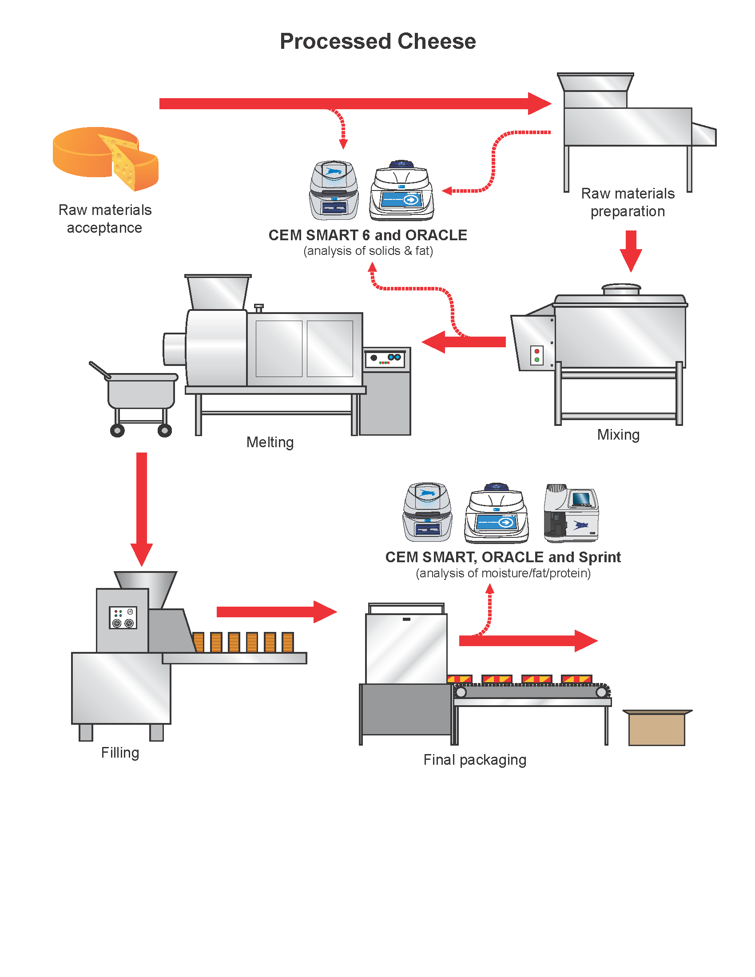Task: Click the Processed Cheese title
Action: [377, 41]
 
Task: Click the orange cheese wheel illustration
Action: [106, 158]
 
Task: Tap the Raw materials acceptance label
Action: [105, 219]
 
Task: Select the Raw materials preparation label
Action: [627, 202]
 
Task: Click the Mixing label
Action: [618, 434]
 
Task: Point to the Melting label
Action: [270, 442]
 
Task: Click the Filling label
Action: [120, 752]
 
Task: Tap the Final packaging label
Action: [475, 759]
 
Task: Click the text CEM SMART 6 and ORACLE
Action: [368, 235]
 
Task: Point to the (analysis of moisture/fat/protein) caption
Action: [503, 573]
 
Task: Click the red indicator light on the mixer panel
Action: [537, 352]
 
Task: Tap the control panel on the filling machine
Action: [123, 618]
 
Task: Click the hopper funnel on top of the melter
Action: [218, 292]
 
